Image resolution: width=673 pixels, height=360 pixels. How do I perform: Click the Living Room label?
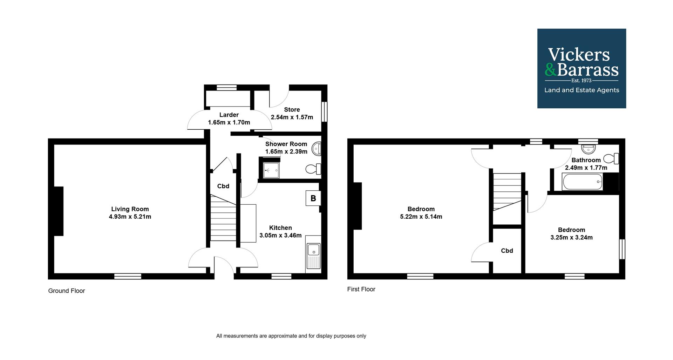pos(130,209)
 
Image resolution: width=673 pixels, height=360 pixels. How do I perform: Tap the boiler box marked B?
pos(313,198)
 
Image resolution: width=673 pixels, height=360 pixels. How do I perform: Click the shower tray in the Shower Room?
pos(270,170)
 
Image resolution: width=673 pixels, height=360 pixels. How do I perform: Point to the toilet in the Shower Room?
pos(313,169)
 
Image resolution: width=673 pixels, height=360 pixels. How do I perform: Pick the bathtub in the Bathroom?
pos(582,182)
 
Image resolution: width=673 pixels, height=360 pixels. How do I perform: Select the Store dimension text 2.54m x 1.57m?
pos(292,117)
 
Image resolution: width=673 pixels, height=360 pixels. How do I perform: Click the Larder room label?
pos(229,115)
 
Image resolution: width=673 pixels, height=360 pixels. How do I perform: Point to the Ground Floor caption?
pos(67,291)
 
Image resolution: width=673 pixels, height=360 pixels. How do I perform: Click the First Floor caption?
pos(361,289)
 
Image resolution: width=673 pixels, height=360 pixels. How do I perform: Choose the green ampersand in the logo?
pos(551,69)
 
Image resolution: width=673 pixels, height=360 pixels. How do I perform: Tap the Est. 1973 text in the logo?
pos(582,81)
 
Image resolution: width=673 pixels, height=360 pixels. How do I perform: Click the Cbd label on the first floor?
pos(507,251)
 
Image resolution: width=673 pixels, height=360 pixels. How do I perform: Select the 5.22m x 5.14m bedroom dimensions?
pos(421,217)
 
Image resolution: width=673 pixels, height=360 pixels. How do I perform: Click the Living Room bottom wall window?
pos(128,277)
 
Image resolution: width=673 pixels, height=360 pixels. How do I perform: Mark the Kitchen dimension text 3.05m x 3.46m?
pos(280,236)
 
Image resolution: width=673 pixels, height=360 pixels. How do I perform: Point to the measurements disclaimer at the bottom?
pos(291,336)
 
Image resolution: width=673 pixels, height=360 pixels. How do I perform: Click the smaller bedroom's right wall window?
pos(622,249)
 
